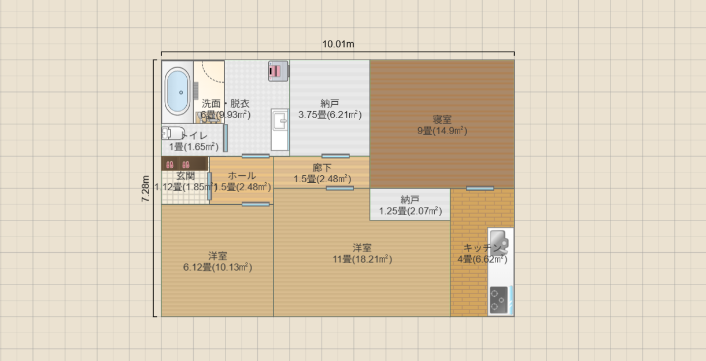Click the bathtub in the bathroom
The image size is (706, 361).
click(x=178, y=92)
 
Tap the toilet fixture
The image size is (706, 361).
click(x=173, y=133)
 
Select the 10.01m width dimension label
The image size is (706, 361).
click(x=338, y=44)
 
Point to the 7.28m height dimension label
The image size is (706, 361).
click(x=146, y=189)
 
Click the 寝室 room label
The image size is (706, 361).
click(x=442, y=120)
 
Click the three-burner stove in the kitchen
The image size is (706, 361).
click(x=498, y=300)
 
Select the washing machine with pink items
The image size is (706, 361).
click(x=278, y=71)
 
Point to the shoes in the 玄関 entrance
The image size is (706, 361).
click(x=178, y=164)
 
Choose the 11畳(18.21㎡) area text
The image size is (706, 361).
click(x=363, y=259)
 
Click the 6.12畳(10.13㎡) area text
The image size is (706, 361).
click(x=217, y=267)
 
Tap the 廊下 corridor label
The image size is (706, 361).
click(x=321, y=168)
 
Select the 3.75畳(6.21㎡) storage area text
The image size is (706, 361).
click(x=330, y=115)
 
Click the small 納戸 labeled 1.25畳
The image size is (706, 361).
click(x=410, y=199)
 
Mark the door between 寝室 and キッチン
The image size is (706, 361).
click(x=480, y=188)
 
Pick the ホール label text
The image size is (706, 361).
click(x=242, y=176)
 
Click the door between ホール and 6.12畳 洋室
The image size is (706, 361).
click(x=256, y=204)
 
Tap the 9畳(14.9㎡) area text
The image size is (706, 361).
click(x=442, y=131)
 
